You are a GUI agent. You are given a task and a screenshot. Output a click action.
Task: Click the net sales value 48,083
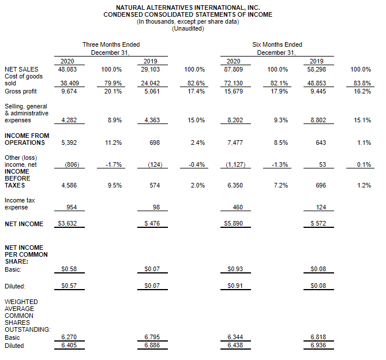click(67, 69)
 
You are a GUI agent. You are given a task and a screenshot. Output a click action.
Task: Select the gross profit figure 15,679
click(234, 91)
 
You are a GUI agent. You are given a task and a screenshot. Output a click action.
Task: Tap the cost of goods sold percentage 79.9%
click(113, 83)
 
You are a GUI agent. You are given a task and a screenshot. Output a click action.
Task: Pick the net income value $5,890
click(233, 223)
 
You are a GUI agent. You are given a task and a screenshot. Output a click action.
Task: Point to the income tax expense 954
click(72, 207)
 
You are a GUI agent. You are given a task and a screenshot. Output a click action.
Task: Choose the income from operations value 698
click(155, 142)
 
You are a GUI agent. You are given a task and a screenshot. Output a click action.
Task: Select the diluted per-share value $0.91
click(235, 286)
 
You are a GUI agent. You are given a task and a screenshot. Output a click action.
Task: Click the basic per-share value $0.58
click(69, 269)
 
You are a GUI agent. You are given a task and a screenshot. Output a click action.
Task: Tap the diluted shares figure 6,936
click(318, 345)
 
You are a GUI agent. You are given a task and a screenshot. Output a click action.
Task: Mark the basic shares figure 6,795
click(152, 337)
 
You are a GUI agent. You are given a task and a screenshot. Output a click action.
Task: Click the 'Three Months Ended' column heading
click(111, 44)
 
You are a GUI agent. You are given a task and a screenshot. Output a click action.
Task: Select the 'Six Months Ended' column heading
click(277, 44)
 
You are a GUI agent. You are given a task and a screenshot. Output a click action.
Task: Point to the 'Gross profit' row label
click(21, 91)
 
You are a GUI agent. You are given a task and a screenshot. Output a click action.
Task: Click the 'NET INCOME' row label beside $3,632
click(24, 224)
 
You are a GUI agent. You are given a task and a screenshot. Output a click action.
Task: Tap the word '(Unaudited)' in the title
click(188, 28)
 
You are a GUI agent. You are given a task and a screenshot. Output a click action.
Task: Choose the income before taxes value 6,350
click(235, 185)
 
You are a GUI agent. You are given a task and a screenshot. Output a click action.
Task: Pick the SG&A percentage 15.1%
click(362, 120)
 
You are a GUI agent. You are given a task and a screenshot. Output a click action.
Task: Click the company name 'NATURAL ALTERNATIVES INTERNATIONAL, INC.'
click(188, 8)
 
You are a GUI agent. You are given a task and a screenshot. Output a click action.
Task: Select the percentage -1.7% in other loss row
click(114, 164)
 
